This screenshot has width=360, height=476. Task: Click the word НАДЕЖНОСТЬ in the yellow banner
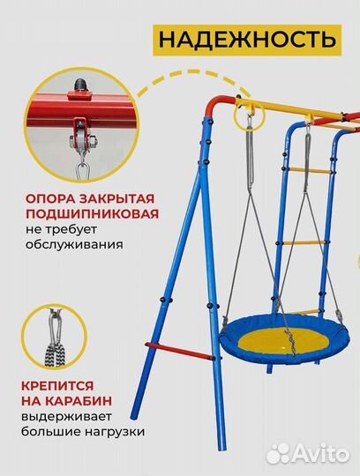pos(248,39)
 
